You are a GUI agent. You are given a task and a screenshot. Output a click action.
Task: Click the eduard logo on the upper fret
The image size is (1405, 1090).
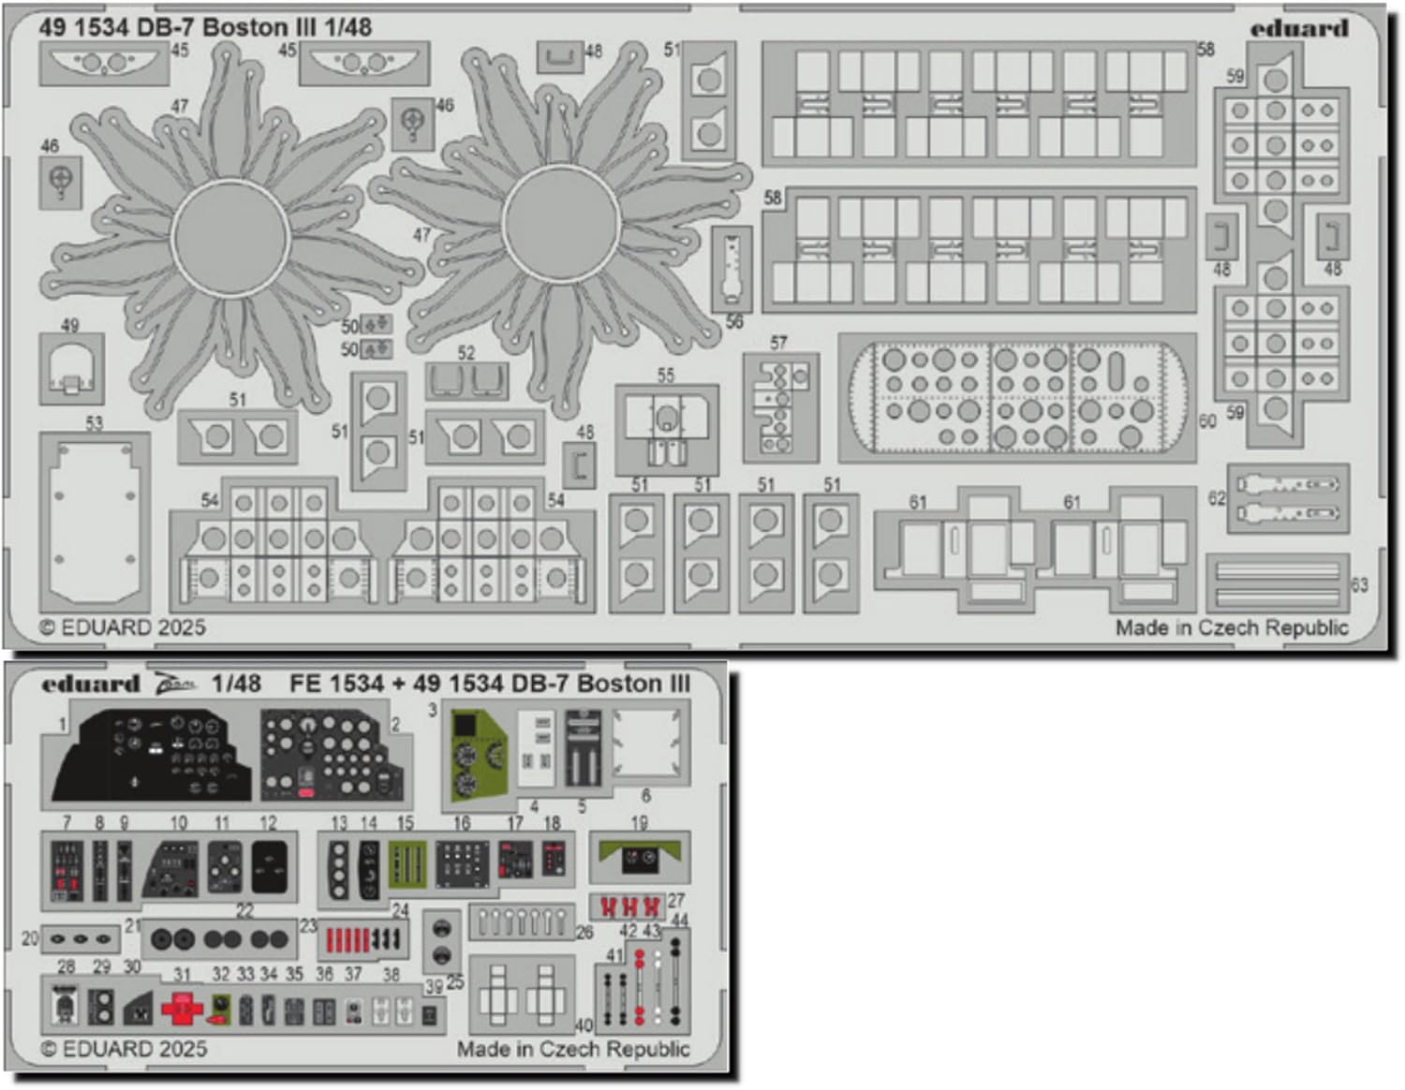click(1298, 28)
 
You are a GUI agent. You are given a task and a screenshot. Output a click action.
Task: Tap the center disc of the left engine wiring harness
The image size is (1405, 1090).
click(230, 238)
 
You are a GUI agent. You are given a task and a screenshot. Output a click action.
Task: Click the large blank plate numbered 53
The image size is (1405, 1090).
click(95, 518)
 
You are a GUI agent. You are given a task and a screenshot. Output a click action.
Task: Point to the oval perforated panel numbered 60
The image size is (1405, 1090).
click(1016, 397)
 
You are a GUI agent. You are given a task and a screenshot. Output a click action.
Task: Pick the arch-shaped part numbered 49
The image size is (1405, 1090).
click(71, 369)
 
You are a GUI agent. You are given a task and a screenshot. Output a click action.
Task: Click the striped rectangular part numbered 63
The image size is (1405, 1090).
click(1277, 582)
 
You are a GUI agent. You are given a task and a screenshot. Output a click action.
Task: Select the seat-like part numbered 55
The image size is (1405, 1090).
click(666, 428)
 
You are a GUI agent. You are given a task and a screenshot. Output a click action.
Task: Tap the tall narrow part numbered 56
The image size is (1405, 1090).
click(732, 270)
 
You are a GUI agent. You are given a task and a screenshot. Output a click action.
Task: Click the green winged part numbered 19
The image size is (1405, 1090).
click(640, 856)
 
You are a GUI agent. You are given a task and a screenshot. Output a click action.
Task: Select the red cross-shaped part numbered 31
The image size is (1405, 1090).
click(182, 1009)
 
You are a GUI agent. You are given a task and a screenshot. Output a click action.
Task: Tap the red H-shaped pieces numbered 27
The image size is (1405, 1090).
click(629, 906)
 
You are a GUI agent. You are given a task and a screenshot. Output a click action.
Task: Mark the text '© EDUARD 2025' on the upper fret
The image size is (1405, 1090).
click(123, 627)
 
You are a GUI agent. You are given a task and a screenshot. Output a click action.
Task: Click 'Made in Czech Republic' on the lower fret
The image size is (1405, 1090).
click(573, 1049)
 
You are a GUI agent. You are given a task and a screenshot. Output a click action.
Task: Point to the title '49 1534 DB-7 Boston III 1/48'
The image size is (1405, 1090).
click(205, 27)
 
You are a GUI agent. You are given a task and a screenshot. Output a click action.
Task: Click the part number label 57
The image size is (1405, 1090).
click(778, 344)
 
